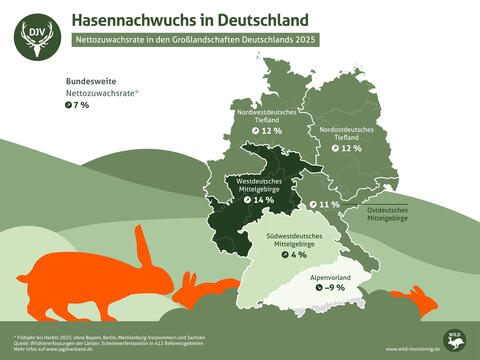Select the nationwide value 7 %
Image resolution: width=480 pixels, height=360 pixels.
[77, 104]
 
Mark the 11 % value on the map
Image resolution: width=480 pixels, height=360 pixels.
[324, 204]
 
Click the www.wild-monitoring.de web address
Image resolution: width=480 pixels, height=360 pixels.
[412, 350]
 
